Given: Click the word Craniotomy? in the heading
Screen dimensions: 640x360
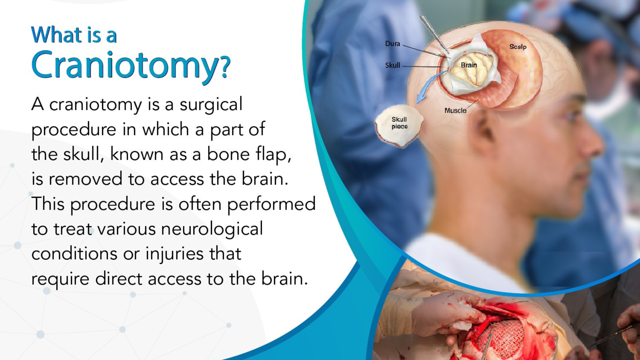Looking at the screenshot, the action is [131, 66].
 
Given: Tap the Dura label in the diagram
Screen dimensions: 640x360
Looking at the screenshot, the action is [392, 44].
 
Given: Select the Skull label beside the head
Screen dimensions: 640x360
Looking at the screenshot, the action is [392, 66].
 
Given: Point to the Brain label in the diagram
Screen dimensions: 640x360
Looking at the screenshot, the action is [468, 65].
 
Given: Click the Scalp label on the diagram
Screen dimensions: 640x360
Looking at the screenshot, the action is [518, 46].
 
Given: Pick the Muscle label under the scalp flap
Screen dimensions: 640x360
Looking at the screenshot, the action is [456, 110].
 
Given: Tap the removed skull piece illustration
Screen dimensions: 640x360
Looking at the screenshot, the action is [399, 126].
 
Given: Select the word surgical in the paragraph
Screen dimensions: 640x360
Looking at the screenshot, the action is [211, 104].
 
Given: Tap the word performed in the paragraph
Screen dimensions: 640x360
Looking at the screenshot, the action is [272, 204].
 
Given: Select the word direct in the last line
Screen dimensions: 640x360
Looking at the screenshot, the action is [119, 278].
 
